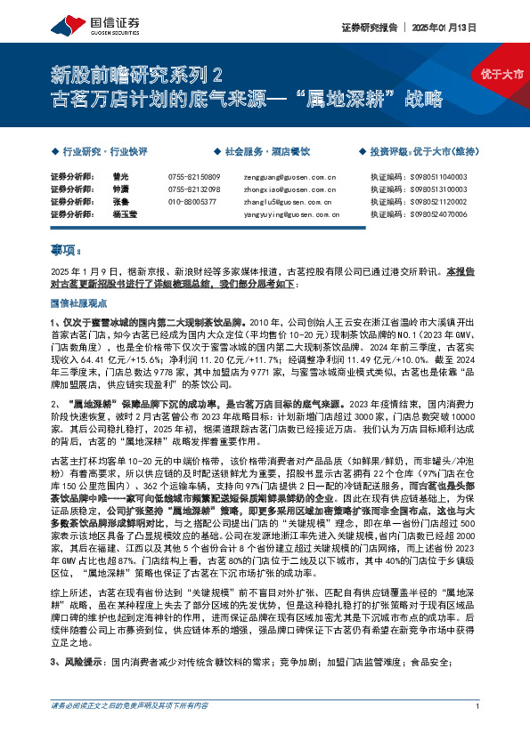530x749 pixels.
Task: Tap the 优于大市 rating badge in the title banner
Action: (501, 73)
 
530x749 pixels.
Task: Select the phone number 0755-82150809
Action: (193, 177)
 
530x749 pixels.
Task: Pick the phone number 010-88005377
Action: (192, 202)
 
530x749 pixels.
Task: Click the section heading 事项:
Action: (66, 252)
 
